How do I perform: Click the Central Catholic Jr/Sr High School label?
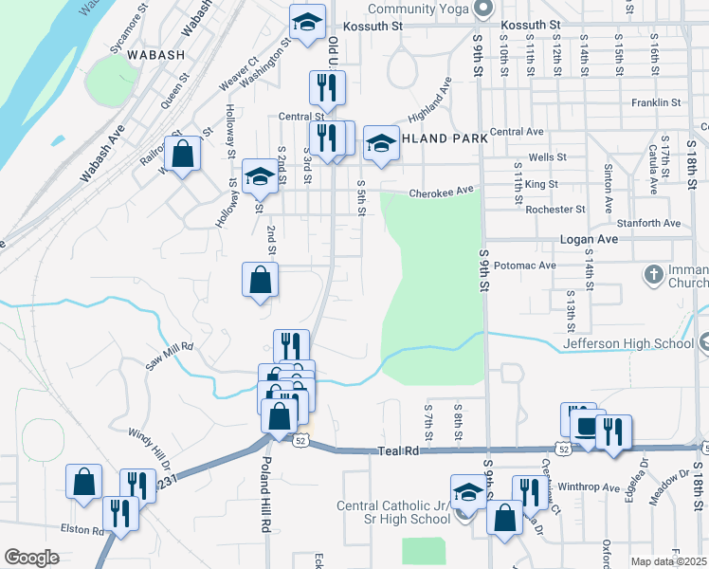point(392,512)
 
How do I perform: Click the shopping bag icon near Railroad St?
point(182,152)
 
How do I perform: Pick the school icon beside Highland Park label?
point(381,143)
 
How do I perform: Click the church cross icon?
point(653,276)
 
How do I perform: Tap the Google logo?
point(31,558)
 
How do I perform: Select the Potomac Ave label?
point(524,266)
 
